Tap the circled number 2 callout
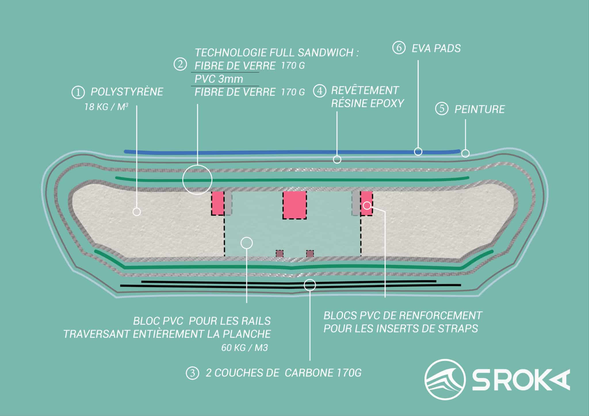pyautogui.click(x=180, y=64)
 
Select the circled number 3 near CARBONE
pyautogui.click(x=192, y=373)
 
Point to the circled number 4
pyautogui.click(x=319, y=91)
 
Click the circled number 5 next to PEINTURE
pyautogui.click(x=442, y=109)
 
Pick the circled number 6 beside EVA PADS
pyautogui.click(x=399, y=48)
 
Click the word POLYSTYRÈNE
pyautogui.click(x=127, y=92)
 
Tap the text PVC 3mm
pyautogui.click(x=219, y=79)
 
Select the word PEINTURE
pyautogui.click(x=479, y=109)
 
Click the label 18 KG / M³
pyautogui.click(x=106, y=107)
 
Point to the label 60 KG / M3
pyautogui.click(x=244, y=348)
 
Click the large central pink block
pyautogui.click(x=294, y=205)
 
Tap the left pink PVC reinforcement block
pyautogui.click(x=218, y=203)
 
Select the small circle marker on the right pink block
pyautogui.click(x=367, y=205)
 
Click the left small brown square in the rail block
pyautogui.click(x=279, y=254)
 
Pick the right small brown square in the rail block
pyautogui.click(x=310, y=254)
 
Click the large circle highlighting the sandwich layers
pyautogui.click(x=197, y=180)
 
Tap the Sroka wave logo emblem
pyautogui.click(x=445, y=379)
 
